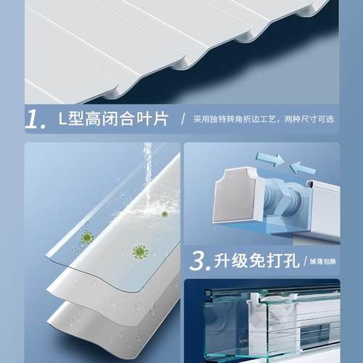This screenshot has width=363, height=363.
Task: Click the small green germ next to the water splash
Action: click(x=165, y=214)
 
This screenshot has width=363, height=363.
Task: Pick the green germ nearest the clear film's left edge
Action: click(x=88, y=237)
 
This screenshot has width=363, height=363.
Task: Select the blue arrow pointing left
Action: click(x=302, y=168)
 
